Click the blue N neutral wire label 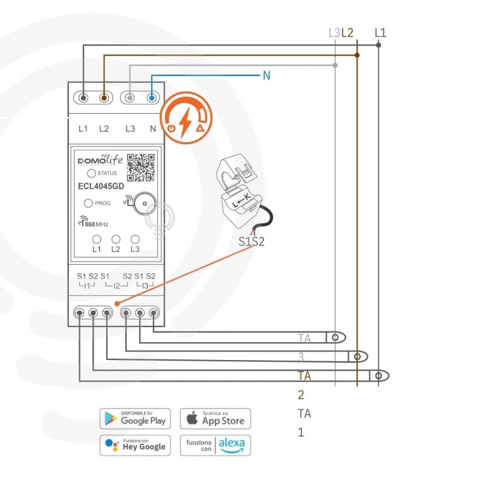[267, 76]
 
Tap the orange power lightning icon [186, 118]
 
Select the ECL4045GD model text [101, 186]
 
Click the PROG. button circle [88, 203]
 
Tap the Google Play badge [135, 418]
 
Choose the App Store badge [215, 418]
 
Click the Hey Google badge [135, 445]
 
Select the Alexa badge [215, 445]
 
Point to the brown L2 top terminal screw [104, 97]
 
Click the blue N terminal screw [151, 97]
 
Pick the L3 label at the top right [334, 32]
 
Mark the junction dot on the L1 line [378, 46]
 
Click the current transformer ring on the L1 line [378, 376]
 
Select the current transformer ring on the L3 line [335, 338]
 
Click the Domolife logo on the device [101, 160]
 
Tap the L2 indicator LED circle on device [116, 238]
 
